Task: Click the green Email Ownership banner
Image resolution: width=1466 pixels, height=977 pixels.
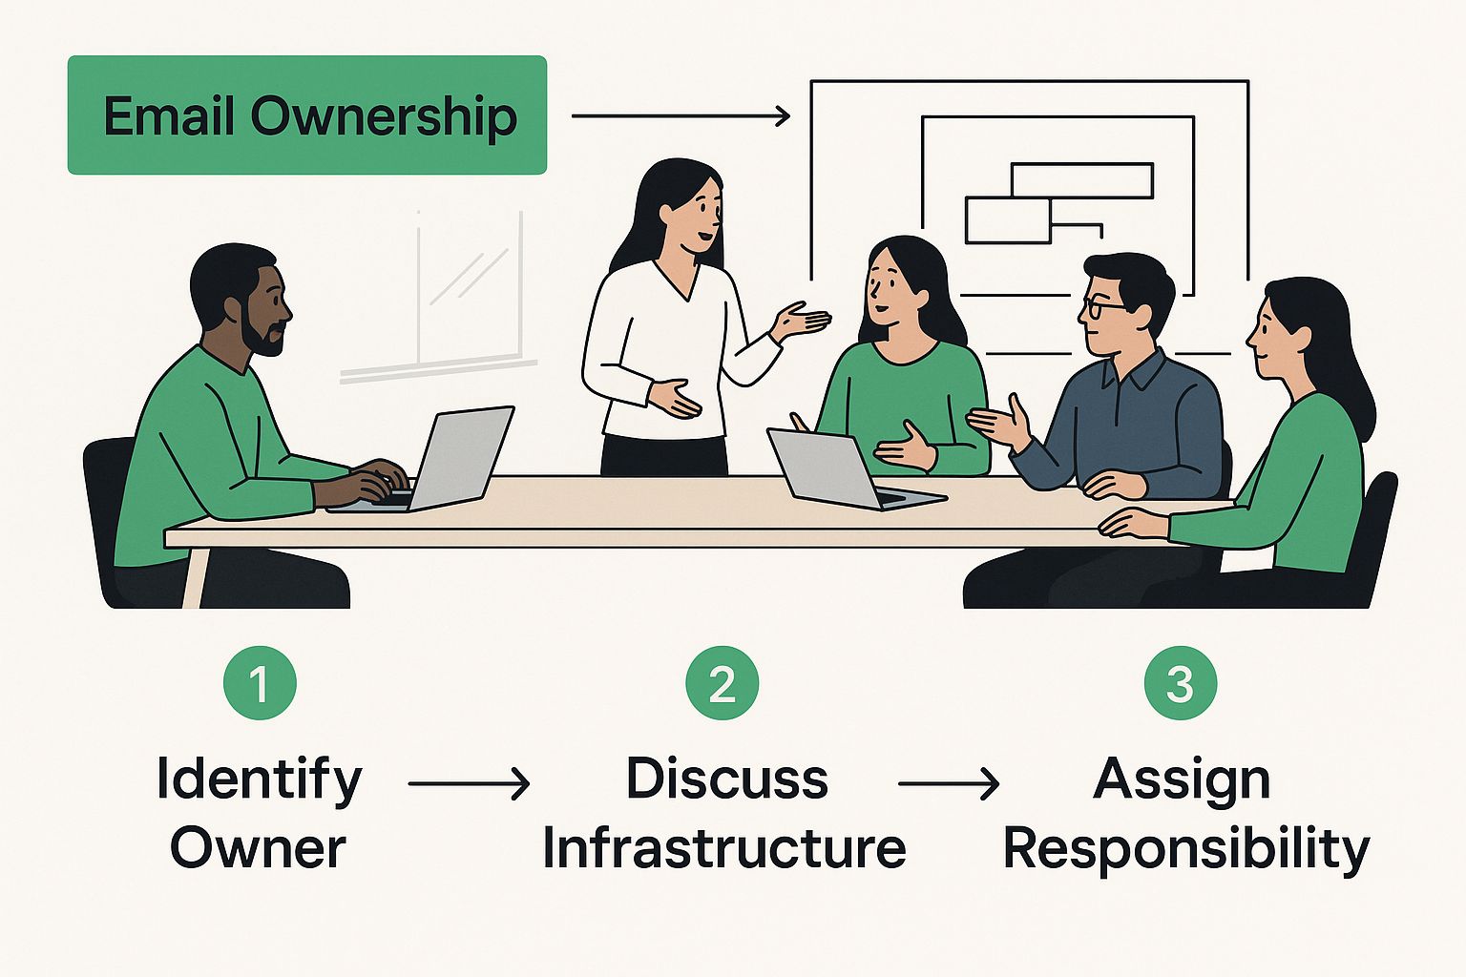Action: (x=306, y=115)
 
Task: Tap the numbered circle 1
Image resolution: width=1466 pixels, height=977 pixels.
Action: (x=260, y=683)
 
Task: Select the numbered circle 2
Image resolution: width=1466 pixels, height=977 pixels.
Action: (x=723, y=683)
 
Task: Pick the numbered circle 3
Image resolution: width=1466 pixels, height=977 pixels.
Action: (x=1181, y=683)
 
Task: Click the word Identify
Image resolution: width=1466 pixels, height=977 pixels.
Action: (x=260, y=780)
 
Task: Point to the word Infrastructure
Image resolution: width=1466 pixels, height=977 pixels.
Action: (x=724, y=848)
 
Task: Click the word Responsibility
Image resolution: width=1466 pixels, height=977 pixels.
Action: (x=1186, y=848)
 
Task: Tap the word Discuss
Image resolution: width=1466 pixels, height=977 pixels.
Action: (x=726, y=779)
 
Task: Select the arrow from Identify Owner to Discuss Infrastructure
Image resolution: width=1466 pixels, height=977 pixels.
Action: (x=469, y=784)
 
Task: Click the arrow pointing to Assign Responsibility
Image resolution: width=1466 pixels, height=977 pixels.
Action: (x=949, y=784)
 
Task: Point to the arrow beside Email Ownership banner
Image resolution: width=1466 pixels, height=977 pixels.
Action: (x=681, y=116)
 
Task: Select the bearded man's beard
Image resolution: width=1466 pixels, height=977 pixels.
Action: (x=262, y=334)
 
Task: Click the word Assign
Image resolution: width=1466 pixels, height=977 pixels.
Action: (x=1182, y=780)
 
